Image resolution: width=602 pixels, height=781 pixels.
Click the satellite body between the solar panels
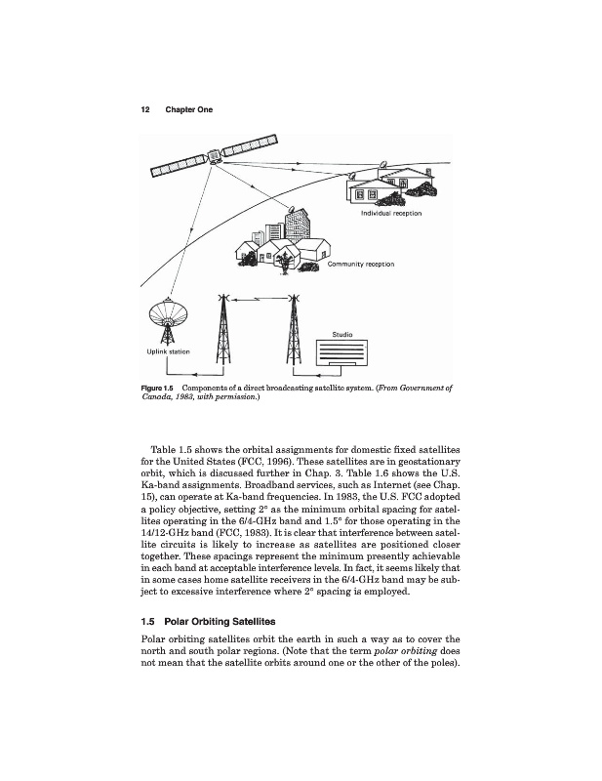tap(212, 154)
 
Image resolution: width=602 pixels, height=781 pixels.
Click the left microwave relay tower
tap(224, 332)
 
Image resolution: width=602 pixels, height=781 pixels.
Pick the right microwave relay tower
tap(292, 332)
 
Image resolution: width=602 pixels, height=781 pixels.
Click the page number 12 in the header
tap(145, 109)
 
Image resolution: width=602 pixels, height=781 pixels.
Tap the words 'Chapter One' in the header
tap(188, 109)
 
